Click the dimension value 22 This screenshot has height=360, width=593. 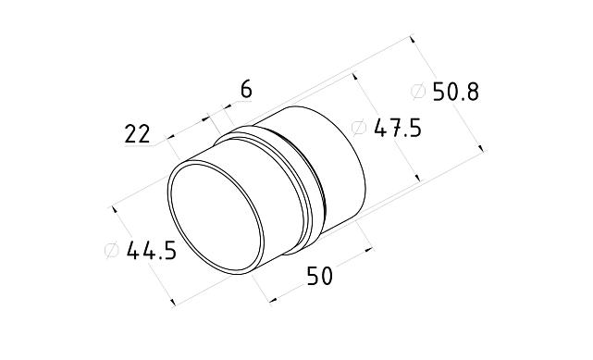click(137, 134)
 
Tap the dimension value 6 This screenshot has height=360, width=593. click(246, 89)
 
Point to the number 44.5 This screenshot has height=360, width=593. click(151, 250)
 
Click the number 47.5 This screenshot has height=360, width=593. click(397, 129)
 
